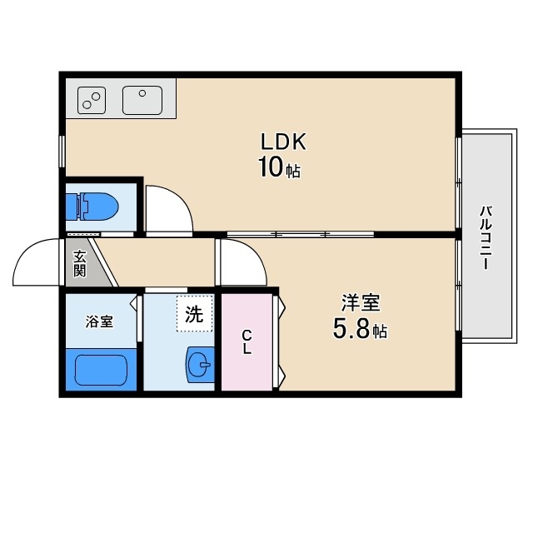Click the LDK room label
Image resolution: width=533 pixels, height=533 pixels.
pos(283,142)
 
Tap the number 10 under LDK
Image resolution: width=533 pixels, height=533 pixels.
pos(271,167)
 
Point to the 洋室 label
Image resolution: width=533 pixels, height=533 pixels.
pos(361,302)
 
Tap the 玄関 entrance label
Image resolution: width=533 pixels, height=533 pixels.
pos(80,263)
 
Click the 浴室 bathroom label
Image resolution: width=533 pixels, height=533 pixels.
pos(99,321)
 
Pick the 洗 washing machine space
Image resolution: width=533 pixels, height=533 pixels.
pos(194,313)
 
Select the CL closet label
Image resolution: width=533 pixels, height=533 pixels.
pos(247,342)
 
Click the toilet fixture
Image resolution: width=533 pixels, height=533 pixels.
pos(97,207)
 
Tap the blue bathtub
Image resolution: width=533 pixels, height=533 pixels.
pos(101,370)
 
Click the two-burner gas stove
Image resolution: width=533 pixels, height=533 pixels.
pos(92,100)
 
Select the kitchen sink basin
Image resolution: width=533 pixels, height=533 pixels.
pos(142,100)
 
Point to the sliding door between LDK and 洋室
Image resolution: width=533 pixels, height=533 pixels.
pos(301,234)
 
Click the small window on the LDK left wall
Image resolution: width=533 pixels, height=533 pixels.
pos(62,152)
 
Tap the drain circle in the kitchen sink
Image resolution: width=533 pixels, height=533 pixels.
pos(142,93)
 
